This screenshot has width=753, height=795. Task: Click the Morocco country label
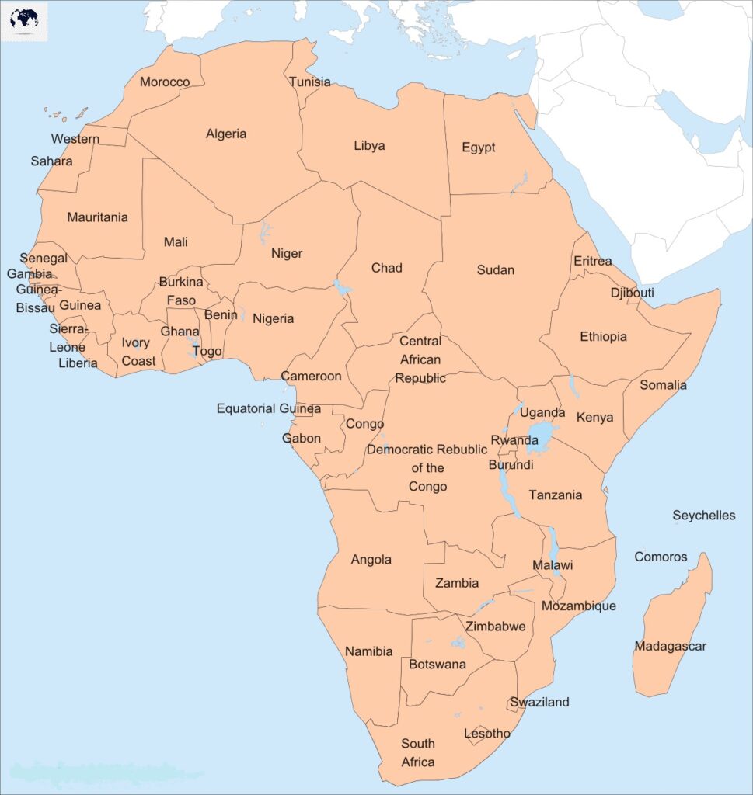164,82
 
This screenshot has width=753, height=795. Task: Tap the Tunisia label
309,82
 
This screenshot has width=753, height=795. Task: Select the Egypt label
478,148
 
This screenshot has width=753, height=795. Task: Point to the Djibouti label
632,293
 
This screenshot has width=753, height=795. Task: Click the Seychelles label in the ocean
703,516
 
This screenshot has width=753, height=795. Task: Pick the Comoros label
661,557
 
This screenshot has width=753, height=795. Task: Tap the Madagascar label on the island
670,646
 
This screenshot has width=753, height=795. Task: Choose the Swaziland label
539,702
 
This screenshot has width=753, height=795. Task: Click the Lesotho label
487,733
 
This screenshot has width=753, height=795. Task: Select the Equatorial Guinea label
268,408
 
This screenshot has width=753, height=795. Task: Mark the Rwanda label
514,440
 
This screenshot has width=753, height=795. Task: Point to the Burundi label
511,465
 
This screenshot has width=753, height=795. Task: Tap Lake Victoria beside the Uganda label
542,436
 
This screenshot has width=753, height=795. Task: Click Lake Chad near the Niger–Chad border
340,288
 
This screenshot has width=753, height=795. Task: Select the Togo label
207,351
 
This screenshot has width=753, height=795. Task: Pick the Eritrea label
592,261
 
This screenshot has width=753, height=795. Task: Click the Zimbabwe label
495,626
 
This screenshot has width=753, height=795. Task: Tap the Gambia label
30,273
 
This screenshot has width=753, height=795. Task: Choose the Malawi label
553,565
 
